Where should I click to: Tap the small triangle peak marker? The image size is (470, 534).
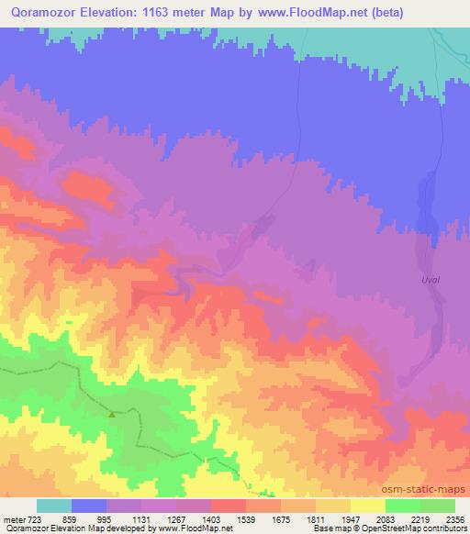pyautogui.click(x=112, y=414)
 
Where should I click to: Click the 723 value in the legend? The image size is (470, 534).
pyautogui.click(x=33, y=519)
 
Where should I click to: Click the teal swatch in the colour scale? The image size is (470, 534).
pyautogui.click(x=54, y=506)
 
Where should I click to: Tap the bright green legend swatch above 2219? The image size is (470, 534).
pyautogui.click(x=403, y=506)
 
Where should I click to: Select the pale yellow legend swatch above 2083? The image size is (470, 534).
pyautogui.click(x=368, y=506)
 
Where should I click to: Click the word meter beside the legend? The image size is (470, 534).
pyautogui.click(x=13, y=519)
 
